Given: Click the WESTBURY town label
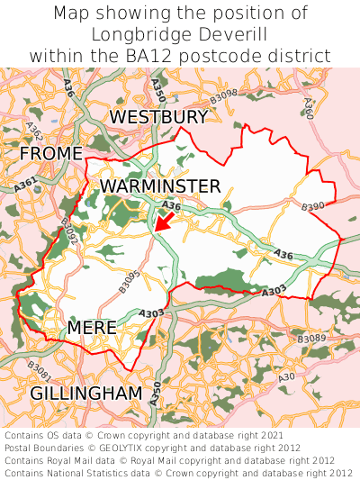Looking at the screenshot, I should (x=158, y=117).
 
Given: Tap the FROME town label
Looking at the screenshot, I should (x=51, y=154).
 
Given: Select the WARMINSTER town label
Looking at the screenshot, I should (x=160, y=186).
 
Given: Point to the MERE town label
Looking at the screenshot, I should (x=92, y=328).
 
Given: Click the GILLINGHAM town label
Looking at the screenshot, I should (x=86, y=394).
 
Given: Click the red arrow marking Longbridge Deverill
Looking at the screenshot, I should (x=164, y=219).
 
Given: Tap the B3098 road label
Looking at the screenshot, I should (x=222, y=93).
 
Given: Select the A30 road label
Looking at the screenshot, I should (x=286, y=376).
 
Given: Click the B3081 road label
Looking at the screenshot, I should (x=39, y=369).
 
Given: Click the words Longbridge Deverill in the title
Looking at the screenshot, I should (x=180, y=34).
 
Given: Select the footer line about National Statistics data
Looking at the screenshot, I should (x=178, y=473).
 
